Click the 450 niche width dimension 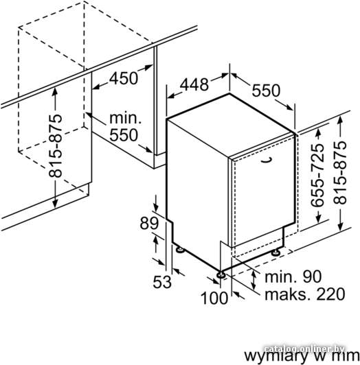124,78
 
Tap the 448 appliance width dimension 194,84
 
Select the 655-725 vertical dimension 317,175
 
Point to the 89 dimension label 149,223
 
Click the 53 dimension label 162,282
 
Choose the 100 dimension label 214,298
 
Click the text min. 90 293,276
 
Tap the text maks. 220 305,294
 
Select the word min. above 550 126,118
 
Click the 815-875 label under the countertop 56,145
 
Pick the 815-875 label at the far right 340,172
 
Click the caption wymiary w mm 302,355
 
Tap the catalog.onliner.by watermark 304,349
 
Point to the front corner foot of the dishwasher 221,275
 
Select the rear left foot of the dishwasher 180,250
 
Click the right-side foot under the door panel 277,252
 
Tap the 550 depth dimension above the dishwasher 266,91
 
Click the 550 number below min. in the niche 124,135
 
